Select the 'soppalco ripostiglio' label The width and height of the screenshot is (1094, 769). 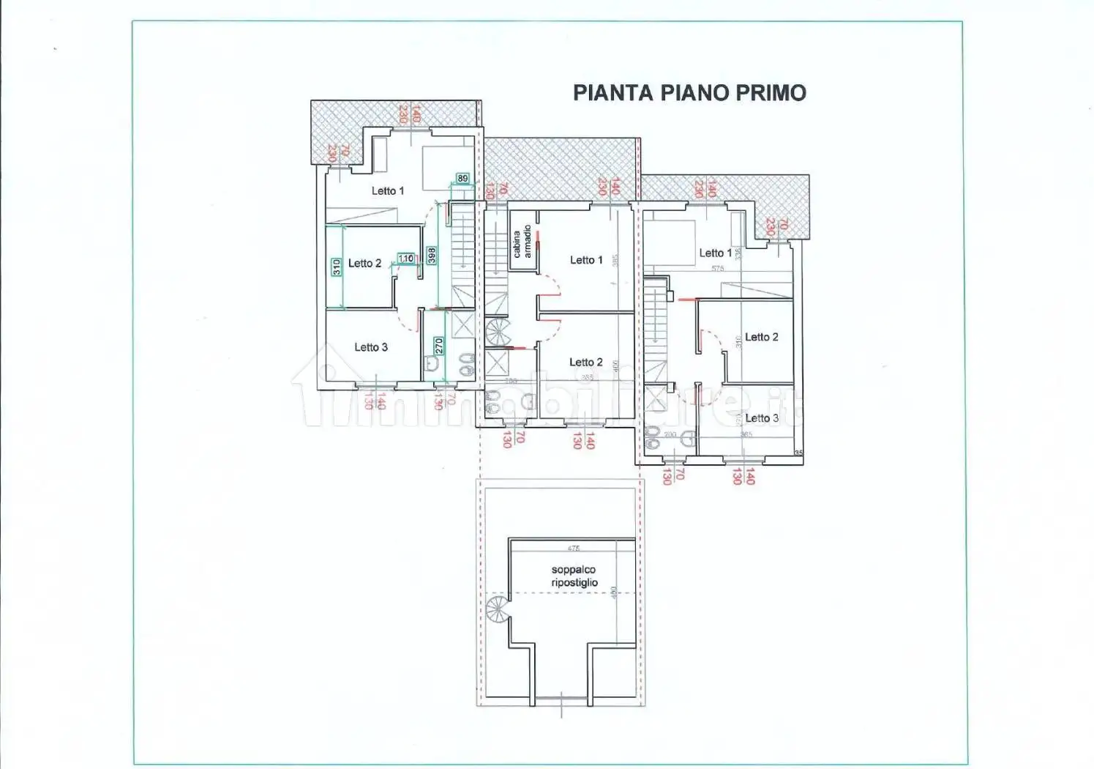tap(574, 576)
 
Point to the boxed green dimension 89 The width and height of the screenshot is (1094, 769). tap(462, 178)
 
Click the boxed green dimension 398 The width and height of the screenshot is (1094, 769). tap(432, 255)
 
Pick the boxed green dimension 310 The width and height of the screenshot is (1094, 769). tap(336, 267)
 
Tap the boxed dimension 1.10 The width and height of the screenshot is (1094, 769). tap(405, 259)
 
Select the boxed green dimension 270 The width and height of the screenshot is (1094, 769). tap(438, 346)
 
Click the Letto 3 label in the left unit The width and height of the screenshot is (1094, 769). tap(371, 347)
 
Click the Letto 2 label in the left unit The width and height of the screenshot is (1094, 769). tap(364, 263)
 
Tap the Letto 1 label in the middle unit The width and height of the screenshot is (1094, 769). tap(586, 260)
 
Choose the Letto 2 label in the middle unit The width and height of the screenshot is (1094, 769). tap(586, 362)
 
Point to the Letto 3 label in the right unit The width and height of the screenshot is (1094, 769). tap(762, 418)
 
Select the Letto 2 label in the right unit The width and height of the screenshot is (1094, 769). tap(761, 337)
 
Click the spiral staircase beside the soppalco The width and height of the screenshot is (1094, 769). tap(498, 609)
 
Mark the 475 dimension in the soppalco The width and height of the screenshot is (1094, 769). tap(574, 548)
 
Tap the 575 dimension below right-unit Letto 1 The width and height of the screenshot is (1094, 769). tap(717, 269)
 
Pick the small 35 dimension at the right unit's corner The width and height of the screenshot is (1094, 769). tap(798, 453)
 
